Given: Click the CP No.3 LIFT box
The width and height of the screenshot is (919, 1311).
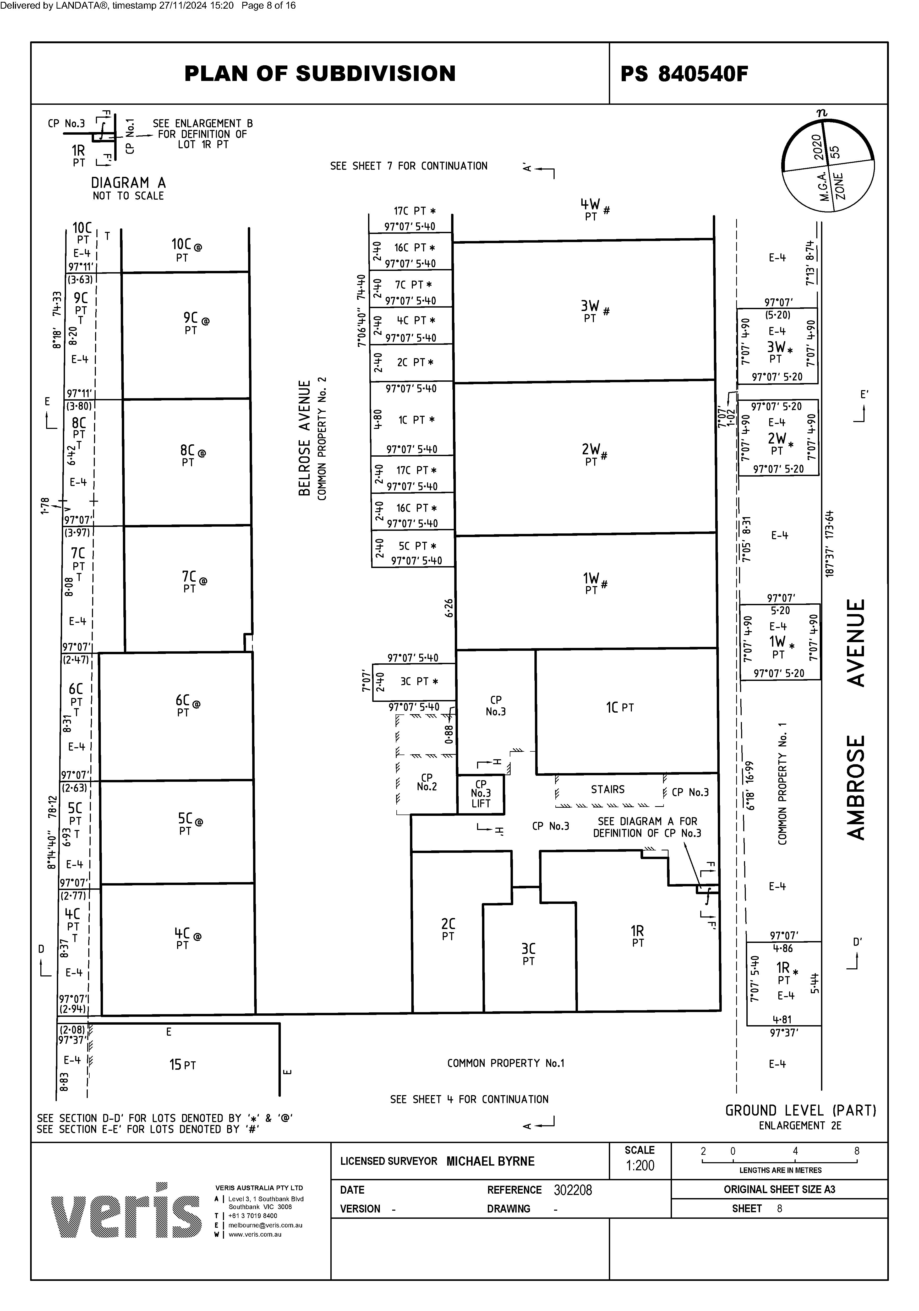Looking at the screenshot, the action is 481,794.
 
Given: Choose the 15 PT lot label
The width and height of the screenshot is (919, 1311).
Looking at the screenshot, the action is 182,1064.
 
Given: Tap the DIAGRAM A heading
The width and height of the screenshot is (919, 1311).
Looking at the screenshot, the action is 128,183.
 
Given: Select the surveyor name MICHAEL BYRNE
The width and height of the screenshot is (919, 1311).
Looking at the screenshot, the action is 490,1161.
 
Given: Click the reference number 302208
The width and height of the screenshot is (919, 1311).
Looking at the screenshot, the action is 572,1190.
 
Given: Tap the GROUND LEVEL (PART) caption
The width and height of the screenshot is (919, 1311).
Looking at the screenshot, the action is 800,1111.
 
